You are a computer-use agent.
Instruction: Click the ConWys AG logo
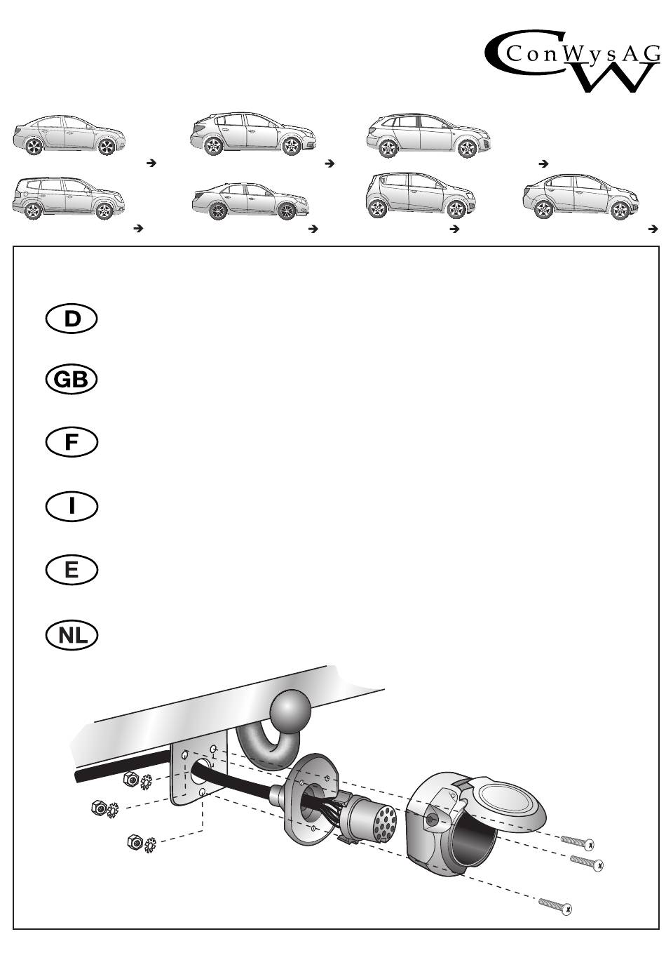tap(573, 64)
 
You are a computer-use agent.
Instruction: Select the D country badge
tap(72, 319)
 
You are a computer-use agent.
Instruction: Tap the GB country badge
tap(72, 380)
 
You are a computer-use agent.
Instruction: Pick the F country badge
tap(72, 442)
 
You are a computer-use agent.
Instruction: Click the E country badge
tap(72, 569)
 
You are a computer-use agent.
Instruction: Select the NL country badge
tap(72, 635)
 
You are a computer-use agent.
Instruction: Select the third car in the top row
tap(428, 134)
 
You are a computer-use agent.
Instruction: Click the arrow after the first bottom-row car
tap(138, 229)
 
